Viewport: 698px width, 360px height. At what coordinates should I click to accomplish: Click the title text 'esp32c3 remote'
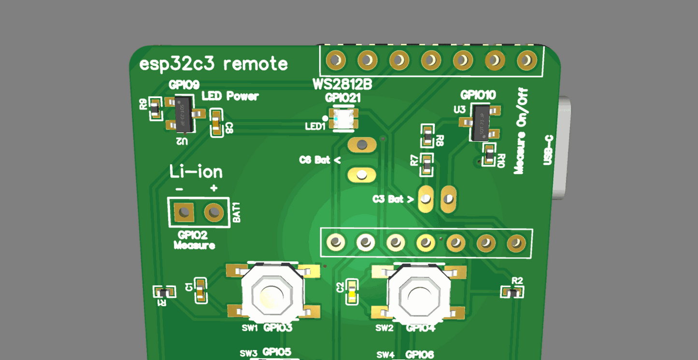[213, 64]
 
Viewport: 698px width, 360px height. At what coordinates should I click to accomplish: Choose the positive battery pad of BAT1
[214, 212]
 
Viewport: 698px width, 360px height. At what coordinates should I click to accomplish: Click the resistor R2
[512, 292]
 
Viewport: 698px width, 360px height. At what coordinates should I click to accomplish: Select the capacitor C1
[200, 290]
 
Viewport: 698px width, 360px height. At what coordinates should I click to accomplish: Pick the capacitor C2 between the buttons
[352, 291]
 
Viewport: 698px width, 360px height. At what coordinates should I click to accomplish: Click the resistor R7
[427, 164]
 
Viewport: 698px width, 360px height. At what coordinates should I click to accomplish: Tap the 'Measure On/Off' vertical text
[521, 131]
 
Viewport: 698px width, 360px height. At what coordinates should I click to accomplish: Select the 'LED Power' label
[230, 96]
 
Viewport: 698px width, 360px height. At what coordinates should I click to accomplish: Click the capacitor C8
[217, 123]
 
